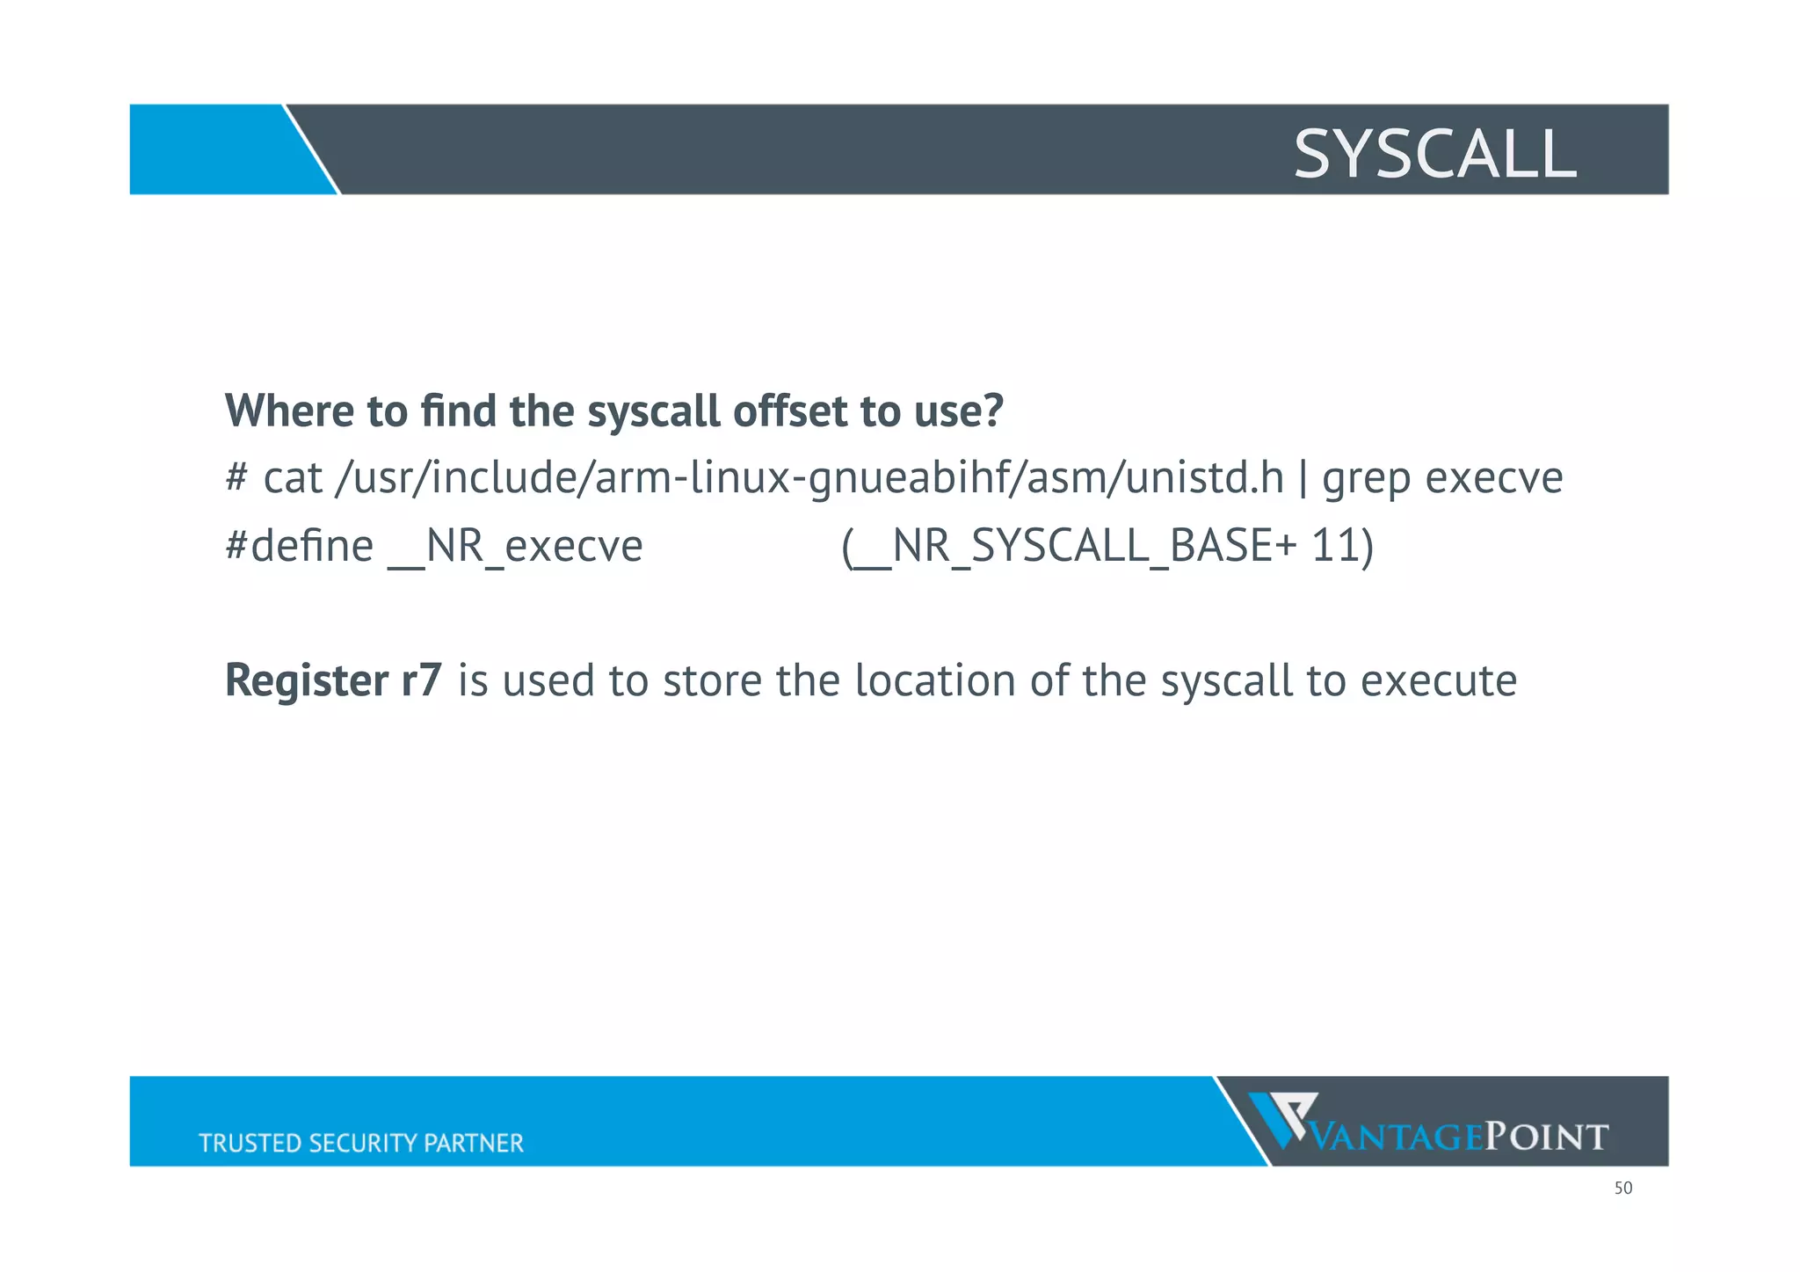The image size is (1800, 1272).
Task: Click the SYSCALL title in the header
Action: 1434,154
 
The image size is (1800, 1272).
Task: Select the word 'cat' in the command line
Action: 293,479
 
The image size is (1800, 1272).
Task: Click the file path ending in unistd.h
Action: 809,479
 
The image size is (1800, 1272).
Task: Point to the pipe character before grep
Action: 1303,479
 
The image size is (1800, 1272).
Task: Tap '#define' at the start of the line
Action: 299,546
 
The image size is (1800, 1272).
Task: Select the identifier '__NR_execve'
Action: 515,547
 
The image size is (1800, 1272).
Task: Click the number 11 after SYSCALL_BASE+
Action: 1335,546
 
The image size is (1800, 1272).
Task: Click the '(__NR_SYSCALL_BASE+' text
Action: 1068,547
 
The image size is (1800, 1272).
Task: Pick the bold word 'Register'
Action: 307,681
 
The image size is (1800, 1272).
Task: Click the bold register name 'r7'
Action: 421,681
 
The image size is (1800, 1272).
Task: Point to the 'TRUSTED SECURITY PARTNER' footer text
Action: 361,1143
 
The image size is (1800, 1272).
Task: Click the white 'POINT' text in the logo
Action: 1546,1137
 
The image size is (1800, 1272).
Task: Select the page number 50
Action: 1622,1188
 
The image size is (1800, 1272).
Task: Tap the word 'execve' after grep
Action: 1493,479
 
